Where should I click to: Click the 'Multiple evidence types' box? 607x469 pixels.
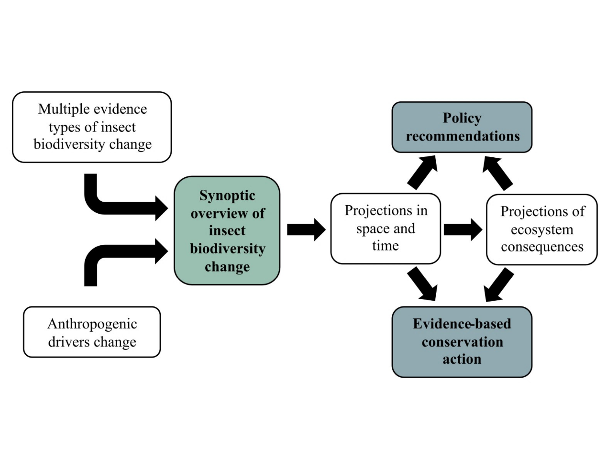pos(92,127)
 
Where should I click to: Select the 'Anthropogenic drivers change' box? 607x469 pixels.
pos(92,332)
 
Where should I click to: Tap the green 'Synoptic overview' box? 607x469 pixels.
pos(227,230)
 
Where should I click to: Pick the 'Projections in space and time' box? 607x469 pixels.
pos(385,229)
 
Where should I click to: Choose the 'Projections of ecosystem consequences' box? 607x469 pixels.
pos(541,229)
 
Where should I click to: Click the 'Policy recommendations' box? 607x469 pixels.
pos(462,127)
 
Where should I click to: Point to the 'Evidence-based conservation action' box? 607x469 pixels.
pos(462,342)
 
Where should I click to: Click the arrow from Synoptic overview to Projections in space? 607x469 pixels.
pos(306,229)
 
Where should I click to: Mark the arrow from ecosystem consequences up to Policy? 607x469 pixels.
pos(497,172)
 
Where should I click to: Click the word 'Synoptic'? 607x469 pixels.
pos(227,196)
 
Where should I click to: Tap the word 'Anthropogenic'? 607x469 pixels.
pos(92,324)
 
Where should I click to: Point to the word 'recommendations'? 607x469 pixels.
pos(463,136)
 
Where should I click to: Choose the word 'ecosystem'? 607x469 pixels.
pos(542,230)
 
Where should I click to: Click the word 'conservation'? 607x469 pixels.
pos(462,342)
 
